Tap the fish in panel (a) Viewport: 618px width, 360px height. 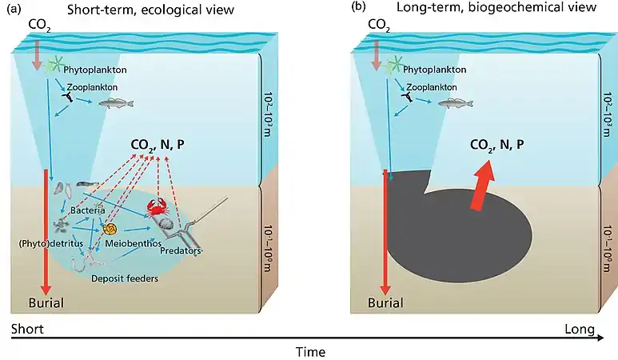[115, 102]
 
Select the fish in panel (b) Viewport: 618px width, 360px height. [456, 102]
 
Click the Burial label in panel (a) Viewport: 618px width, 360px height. [45, 302]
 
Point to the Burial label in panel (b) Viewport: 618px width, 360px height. [385, 302]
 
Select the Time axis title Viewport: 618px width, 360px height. [309, 351]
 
